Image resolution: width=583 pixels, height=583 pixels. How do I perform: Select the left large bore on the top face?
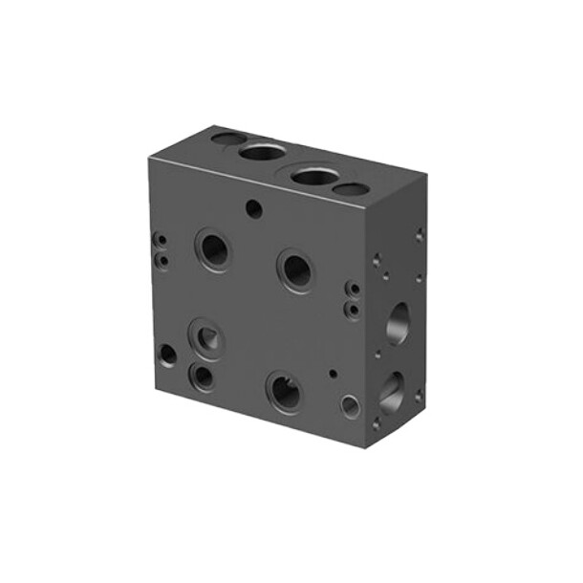262,151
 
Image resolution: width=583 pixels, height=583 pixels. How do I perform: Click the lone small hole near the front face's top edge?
253,206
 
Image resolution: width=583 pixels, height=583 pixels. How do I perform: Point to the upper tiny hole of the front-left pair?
162,241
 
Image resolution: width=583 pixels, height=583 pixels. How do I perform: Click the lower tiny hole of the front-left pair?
162,258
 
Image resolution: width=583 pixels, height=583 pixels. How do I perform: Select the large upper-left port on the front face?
213,249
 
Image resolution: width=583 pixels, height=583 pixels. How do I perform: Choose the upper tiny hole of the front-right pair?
353,289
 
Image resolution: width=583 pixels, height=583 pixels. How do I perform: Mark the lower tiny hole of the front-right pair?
353,310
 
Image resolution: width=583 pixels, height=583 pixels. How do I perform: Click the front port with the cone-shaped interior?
207,337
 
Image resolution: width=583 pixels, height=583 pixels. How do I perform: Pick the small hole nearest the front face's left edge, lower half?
167,355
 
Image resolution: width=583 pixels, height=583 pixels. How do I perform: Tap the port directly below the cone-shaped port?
203,376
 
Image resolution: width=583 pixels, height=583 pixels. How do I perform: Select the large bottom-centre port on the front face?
284,392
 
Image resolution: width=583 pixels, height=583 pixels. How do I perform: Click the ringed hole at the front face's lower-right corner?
351,406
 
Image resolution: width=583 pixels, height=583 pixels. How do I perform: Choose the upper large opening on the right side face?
398,322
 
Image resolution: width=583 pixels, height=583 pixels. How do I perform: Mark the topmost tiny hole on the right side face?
419,233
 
